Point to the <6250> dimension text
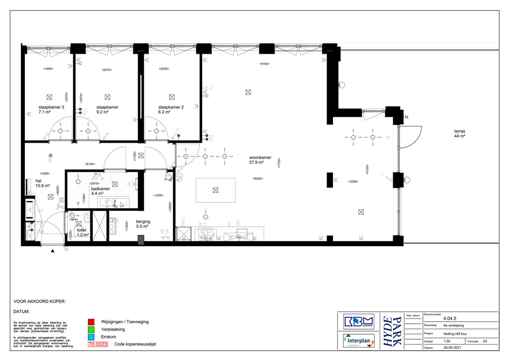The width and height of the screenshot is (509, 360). (257, 179)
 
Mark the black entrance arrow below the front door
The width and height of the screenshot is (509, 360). (52, 252)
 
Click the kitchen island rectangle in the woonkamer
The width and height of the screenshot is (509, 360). (215, 190)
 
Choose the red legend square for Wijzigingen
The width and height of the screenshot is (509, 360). (91, 322)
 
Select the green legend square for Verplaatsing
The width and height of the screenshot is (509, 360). (91, 329)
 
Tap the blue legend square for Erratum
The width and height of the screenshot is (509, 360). (91, 337)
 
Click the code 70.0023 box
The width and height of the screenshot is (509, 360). (97, 344)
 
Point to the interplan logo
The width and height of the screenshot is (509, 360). (359, 341)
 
